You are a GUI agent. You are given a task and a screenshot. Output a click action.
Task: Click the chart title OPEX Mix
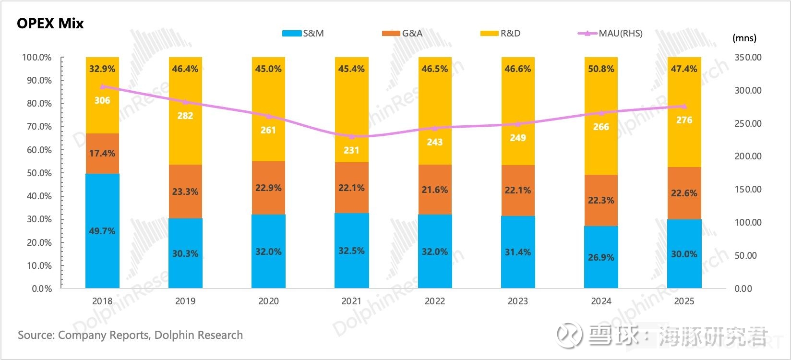50,24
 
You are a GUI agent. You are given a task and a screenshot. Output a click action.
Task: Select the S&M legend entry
303,33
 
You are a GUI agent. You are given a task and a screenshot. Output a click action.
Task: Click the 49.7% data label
102,231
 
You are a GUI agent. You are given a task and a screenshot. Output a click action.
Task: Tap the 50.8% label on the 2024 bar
601,69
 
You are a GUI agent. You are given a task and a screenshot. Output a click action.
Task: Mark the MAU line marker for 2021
351,136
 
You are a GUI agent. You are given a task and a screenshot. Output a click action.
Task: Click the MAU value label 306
102,100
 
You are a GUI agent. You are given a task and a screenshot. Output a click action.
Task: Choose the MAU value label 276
684,120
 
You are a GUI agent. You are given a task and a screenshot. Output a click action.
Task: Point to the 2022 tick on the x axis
435,301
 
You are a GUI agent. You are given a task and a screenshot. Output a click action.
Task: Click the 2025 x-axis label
684,301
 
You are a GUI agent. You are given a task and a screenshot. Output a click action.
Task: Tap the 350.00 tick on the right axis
748,57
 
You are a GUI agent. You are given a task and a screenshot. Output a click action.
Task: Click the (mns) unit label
744,38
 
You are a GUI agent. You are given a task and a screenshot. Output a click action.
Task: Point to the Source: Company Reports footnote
130,335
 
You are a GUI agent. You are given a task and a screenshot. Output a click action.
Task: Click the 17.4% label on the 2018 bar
102,153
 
